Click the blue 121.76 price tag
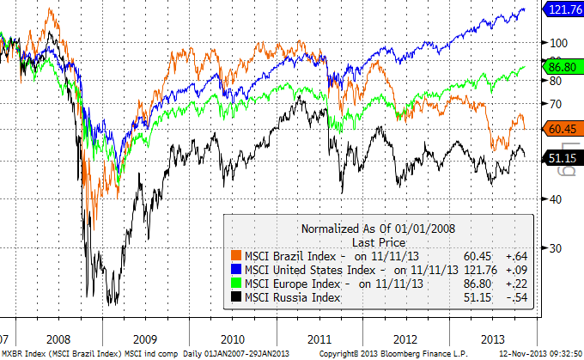(562, 10)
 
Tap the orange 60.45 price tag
(562, 128)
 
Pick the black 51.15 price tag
(562, 157)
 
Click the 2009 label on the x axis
(144, 338)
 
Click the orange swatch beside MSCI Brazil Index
(234, 255)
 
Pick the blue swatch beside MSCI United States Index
(234, 269)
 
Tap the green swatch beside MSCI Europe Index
(234, 283)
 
